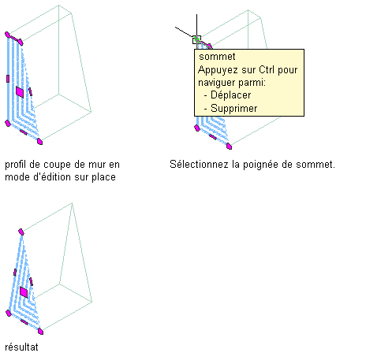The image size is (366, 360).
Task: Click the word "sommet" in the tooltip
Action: tap(217, 57)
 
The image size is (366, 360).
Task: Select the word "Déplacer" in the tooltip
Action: tap(231, 95)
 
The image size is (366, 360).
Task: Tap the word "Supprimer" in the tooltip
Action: tap(234, 109)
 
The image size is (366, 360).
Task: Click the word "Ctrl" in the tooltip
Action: tap(267, 70)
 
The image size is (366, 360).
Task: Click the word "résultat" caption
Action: tap(21, 347)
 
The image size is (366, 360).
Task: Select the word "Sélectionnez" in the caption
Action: tap(199, 165)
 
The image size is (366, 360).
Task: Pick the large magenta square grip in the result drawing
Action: tap(24, 292)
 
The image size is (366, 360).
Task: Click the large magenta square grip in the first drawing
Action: tap(20, 92)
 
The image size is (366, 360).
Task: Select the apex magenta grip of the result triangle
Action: tap(21, 232)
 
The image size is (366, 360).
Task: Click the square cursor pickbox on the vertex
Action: tap(196, 40)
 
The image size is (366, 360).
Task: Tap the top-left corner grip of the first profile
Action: tap(7, 35)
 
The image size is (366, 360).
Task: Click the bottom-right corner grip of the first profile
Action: tap(39, 142)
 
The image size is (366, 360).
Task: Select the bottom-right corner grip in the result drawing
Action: tap(40, 331)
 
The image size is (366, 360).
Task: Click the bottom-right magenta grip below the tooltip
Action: tap(230, 147)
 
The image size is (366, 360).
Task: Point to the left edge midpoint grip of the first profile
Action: tap(8, 79)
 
